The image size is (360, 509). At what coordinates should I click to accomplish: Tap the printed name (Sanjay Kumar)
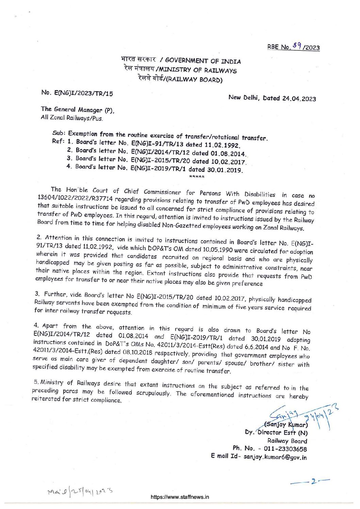tap(286, 425)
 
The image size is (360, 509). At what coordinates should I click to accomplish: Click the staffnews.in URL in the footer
tap(180, 497)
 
